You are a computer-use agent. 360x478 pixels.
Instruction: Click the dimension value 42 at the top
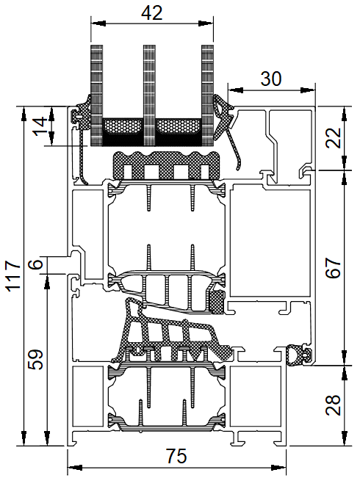[152, 13]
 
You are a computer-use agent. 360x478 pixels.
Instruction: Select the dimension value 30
[271, 79]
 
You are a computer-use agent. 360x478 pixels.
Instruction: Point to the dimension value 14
[40, 126]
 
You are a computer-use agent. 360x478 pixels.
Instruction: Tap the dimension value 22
[333, 138]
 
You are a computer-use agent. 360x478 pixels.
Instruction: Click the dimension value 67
[333, 268]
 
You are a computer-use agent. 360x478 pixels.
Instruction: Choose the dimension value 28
[333, 405]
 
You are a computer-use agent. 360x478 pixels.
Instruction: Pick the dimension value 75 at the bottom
[176, 456]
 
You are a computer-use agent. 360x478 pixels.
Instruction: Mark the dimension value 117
[14, 276]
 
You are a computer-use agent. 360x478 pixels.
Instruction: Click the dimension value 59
[36, 360]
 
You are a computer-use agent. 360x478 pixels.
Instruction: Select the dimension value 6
[36, 264]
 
